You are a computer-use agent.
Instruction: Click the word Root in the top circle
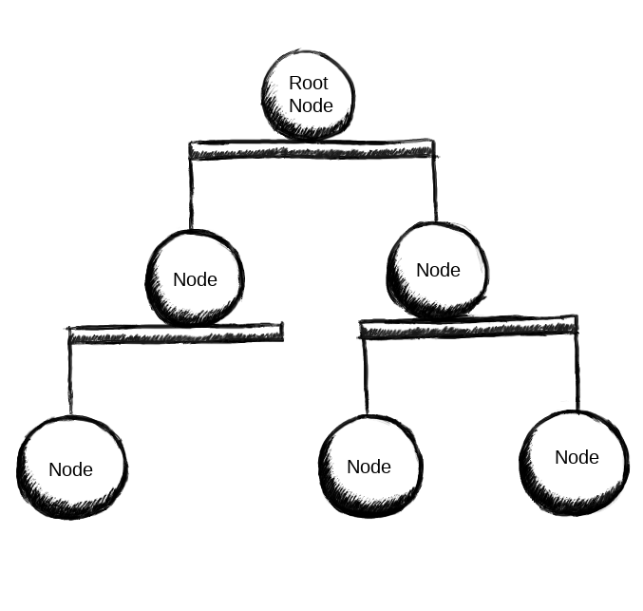pos(309,83)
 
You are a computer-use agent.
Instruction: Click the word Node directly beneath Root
pos(311,105)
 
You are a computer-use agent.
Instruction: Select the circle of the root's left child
pos(195,278)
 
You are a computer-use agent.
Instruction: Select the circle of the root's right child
pos(438,270)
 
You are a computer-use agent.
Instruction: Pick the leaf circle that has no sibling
pos(72,468)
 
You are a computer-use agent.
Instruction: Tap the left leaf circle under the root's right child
pos(370,467)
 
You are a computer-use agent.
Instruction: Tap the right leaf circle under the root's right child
pos(574,463)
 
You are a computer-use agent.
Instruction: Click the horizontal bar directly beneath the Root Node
pos(312,149)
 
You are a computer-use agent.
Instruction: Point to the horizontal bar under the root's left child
pos(176,334)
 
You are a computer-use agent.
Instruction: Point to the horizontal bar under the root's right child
pos(468,327)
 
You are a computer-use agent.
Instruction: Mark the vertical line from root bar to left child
pos(191,194)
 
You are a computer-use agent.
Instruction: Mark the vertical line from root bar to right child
pos(435,189)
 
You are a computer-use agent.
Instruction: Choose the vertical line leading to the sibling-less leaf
pos(70,379)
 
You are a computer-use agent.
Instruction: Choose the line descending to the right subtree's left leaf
pos(366,376)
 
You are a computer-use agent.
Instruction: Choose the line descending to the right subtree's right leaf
pos(577,373)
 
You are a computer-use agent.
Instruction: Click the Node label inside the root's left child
pos(196,279)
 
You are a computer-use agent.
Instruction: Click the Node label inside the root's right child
pos(439,270)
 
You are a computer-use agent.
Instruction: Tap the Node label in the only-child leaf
pos(71,469)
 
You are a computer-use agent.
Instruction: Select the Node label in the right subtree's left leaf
pos(369,467)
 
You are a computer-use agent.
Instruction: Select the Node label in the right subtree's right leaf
pos(577,457)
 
